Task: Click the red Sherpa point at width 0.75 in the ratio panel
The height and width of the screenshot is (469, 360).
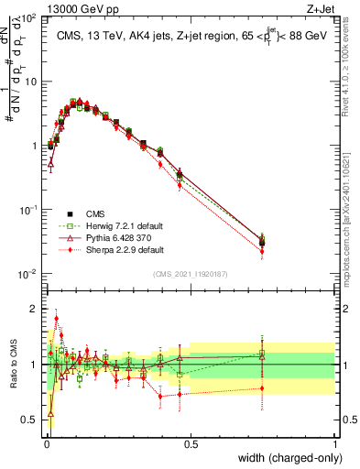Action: [263, 387]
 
